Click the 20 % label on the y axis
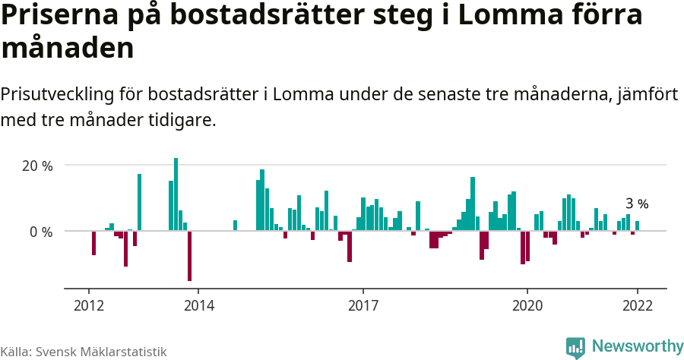point(37,166)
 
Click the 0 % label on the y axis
point(41,232)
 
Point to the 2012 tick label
point(89,305)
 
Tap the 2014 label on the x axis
point(198,305)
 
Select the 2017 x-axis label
point(363,305)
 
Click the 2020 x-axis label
point(527,305)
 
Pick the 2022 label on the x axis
point(637,305)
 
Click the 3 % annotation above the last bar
point(637,204)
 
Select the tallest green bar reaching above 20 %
point(176,194)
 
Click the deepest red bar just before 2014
point(189,256)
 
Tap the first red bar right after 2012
point(94,243)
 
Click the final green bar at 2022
point(637,226)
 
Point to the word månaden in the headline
point(68,49)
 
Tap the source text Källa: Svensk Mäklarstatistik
point(84,352)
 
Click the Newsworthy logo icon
point(575,348)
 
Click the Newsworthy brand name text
point(637,347)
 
